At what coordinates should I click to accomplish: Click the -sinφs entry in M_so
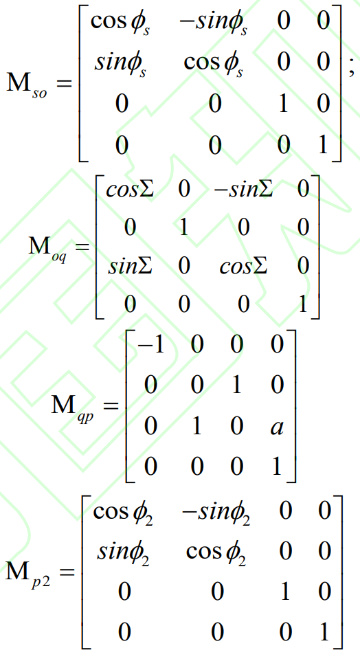point(214,22)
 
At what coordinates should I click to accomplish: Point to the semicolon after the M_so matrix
point(351,69)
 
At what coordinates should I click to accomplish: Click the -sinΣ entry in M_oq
point(243,190)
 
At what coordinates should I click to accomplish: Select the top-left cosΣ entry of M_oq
point(130,190)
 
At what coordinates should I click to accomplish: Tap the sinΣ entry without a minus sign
point(131,266)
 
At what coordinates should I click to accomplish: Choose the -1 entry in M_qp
point(150,345)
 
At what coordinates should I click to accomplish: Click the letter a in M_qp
point(277,427)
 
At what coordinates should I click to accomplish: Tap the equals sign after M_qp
point(110,406)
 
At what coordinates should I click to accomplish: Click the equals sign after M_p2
point(67,572)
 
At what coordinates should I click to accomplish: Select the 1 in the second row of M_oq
point(183,227)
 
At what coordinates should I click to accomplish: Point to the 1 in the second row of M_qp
point(237,385)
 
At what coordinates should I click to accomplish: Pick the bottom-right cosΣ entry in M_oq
point(243,266)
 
